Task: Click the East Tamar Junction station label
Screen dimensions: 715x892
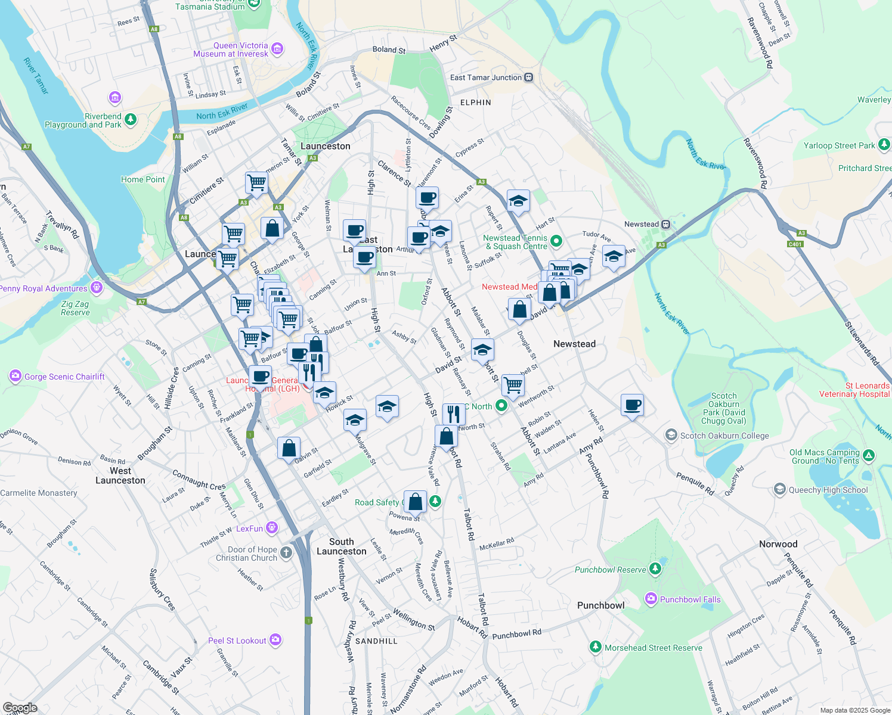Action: point(486,77)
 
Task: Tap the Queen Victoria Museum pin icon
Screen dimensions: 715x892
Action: point(277,49)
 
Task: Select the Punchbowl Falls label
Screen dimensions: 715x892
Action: point(690,599)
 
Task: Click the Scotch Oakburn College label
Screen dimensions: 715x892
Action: point(724,436)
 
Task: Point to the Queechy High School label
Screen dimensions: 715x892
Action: point(828,490)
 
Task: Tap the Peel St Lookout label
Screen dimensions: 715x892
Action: point(237,641)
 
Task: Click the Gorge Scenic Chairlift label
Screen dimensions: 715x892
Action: point(64,377)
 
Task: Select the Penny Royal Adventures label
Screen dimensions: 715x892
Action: point(44,288)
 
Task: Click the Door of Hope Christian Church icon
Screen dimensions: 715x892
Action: point(286,552)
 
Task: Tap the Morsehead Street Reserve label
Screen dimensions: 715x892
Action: point(653,648)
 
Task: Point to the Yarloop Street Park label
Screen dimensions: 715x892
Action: point(839,145)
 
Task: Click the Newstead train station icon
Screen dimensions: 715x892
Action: point(666,225)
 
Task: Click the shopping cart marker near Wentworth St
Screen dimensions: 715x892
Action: point(513,385)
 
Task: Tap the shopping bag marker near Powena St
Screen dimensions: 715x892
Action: point(416,502)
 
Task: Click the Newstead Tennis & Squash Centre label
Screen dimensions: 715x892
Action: point(516,242)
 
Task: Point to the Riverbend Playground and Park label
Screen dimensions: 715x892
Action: point(83,120)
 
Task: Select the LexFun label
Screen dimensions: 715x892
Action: point(249,529)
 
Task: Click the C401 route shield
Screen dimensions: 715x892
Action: point(795,244)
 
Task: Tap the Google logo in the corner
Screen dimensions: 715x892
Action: point(20,708)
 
